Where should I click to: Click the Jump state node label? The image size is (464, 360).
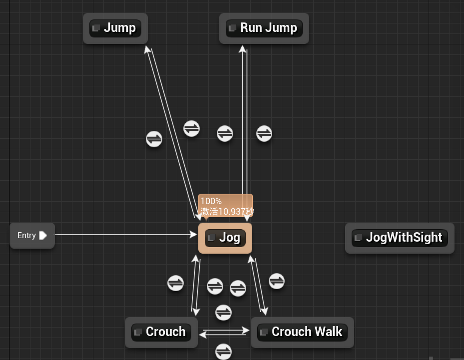119,28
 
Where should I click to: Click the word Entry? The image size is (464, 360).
26,236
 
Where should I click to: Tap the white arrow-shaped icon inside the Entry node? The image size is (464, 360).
43,236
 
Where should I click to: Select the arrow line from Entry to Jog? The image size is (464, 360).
125,235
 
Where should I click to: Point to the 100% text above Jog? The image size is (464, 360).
211,201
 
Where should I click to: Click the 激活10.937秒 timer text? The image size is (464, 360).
227,212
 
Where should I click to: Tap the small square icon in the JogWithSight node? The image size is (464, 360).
358,238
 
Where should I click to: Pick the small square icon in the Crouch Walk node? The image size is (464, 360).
264,332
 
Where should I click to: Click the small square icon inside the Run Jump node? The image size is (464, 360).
232,28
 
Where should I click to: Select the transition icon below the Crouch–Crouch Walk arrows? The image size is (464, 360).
223,351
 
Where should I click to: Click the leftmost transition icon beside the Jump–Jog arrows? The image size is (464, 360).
154,139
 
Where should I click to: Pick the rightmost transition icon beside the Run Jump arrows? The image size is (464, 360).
264,133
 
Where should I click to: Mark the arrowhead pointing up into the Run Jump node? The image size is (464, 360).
243,49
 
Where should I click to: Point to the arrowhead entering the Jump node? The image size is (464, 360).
147,49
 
